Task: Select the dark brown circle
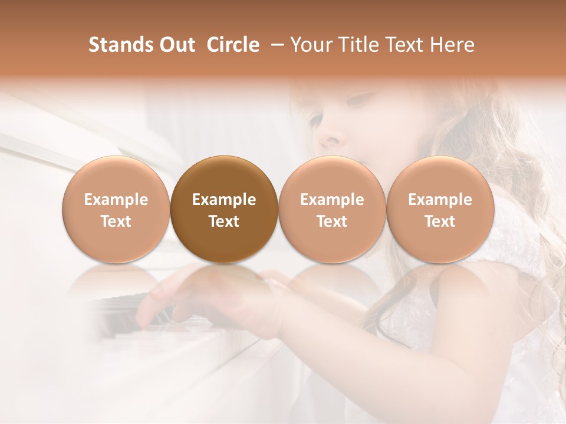tap(224, 210)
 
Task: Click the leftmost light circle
tap(116, 210)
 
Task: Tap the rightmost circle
tap(440, 210)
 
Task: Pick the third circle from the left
tap(332, 210)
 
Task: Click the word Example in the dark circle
tap(224, 200)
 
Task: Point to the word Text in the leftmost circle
tap(116, 221)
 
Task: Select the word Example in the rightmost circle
tap(440, 200)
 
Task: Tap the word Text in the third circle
tap(332, 221)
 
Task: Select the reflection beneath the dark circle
tap(224, 283)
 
